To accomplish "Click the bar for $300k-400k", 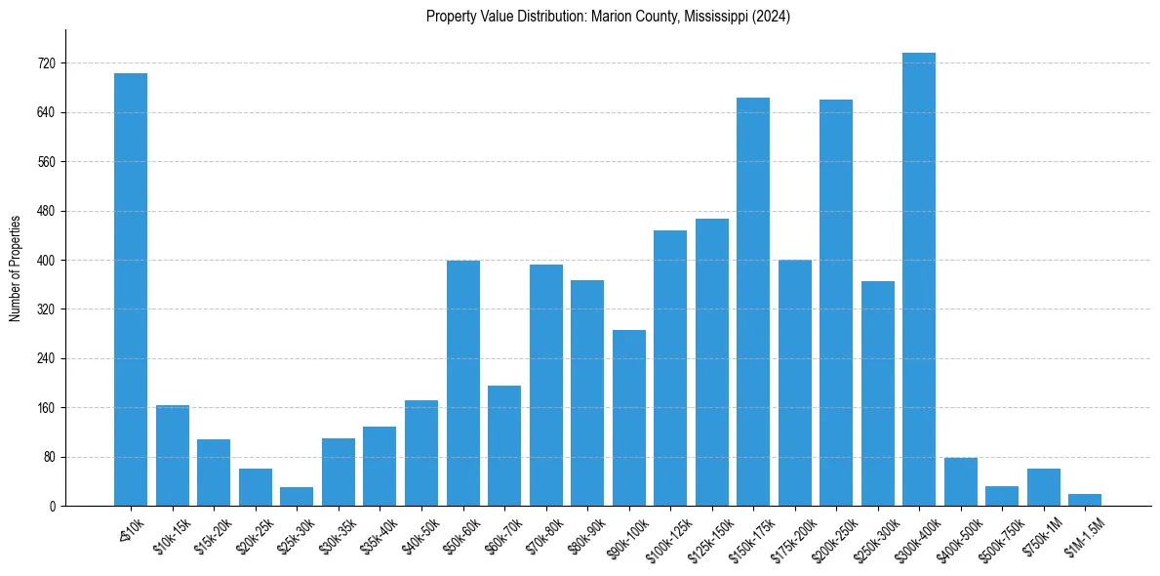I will coord(919,283).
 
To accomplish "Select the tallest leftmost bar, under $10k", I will coord(131,293).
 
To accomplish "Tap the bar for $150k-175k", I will coord(753,303).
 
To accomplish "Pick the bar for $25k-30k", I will coord(297,497).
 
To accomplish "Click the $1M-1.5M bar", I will coord(1085,501).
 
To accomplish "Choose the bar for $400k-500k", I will coord(961,482).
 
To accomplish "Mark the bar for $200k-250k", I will coord(836,303).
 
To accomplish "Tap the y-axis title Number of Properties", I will coord(15,268).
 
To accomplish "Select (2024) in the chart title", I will coord(771,17).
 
